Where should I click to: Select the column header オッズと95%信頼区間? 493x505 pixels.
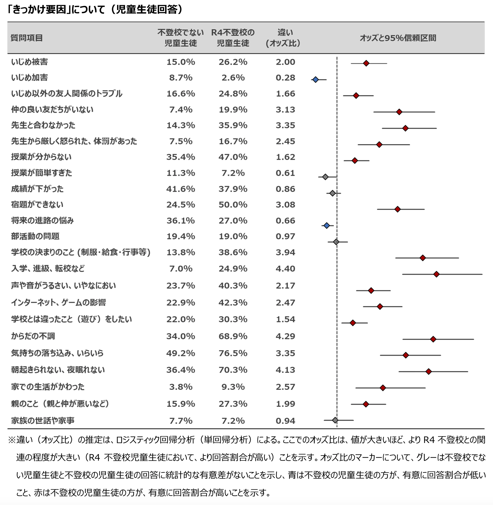point(398,38)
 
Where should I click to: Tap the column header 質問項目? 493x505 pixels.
point(27,38)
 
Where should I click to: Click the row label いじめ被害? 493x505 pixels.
point(29,62)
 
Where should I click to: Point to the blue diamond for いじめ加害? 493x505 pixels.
point(315,79)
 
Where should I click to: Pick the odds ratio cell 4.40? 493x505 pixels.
point(285,268)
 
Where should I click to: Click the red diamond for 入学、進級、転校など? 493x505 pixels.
point(436,274)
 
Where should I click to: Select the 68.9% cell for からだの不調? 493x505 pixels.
point(233,336)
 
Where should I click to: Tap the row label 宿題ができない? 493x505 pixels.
point(37,205)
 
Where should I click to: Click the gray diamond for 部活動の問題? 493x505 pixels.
point(336,242)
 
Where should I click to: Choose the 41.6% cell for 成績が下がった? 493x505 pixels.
point(181,189)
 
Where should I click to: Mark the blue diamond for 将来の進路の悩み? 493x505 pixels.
point(327,226)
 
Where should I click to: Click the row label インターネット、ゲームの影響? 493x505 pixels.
point(59,302)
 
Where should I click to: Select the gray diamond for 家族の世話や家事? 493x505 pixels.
point(335,420)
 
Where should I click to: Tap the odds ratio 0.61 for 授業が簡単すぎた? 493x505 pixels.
point(285,173)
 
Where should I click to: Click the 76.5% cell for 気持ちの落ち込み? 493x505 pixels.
point(233,353)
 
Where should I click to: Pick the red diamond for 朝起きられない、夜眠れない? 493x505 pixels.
point(428,371)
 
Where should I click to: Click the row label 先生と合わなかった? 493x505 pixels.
point(43,125)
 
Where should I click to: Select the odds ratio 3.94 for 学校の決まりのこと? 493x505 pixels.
point(285,252)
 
